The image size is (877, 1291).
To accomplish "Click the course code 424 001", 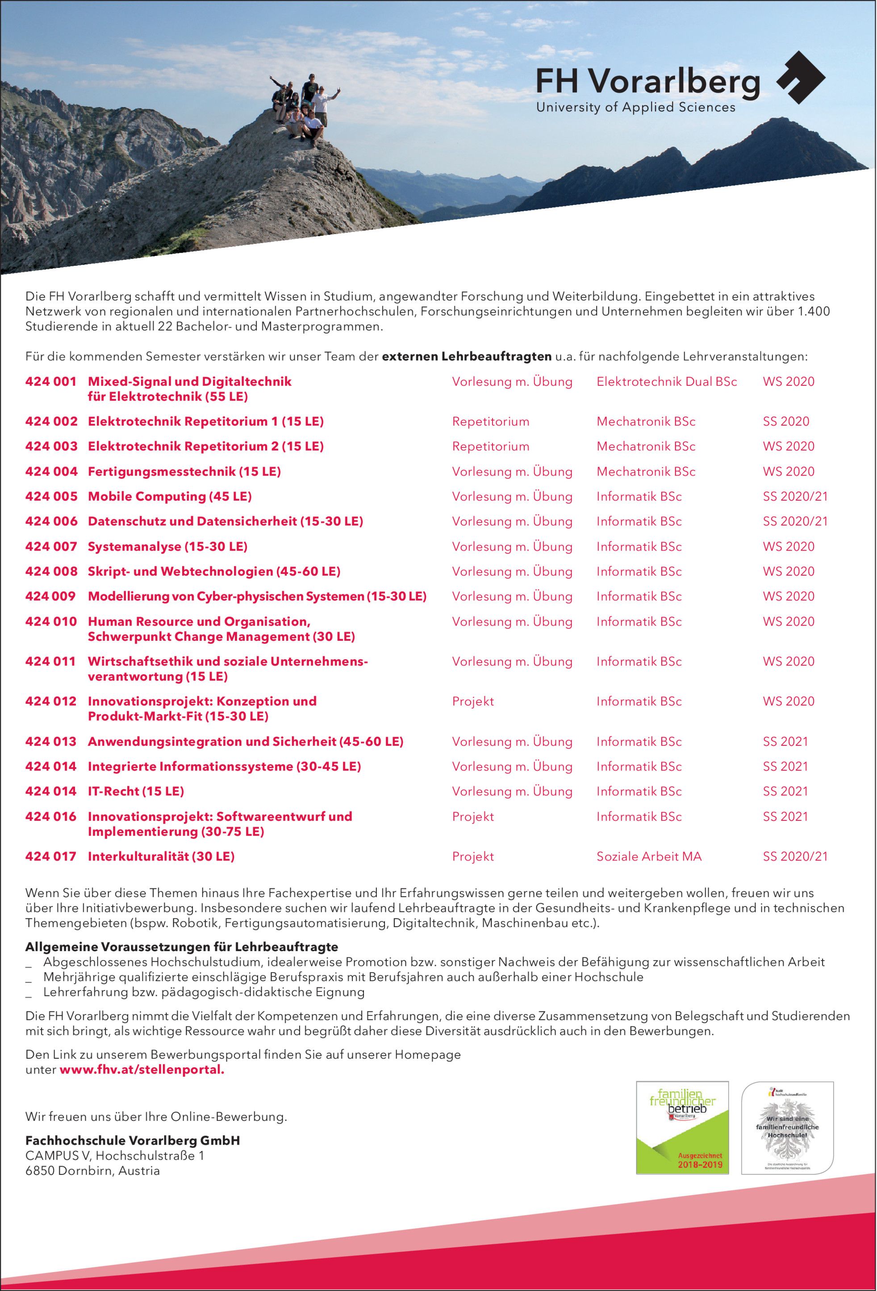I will pyautogui.click(x=50, y=382).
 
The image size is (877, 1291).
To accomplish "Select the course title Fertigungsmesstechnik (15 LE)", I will pyautogui.click(x=184, y=472).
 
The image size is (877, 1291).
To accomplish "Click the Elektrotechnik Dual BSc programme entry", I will pyautogui.click(x=667, y=382).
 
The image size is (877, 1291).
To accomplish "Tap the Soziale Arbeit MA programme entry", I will pyautogui.click(x=649, y=856).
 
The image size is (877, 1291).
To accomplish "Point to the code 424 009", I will pyautogui.click(x=50, y=597).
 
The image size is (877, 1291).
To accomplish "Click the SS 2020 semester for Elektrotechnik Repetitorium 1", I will pyautogui.click(x=786, y=422).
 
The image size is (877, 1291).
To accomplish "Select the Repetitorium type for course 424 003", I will pyautogui.click(x=490, y=447).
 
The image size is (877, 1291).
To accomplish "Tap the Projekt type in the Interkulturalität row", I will pyautogui.click(x=472, y=856).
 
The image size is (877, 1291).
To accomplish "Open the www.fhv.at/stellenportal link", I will pyautogui.click(x=142, y=1070).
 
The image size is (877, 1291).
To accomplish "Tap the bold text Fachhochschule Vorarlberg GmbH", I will pyautogui.click(x=133, y=1141).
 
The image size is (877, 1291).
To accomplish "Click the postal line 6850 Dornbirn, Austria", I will pyautogui.click(x=92, y=1170).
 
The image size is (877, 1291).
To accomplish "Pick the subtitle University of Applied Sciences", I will pyautogui.click(x=635, y=108).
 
